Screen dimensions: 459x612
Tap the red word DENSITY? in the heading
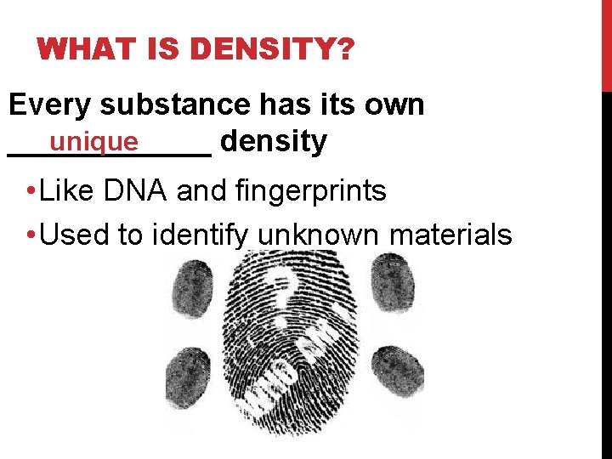[274, 50]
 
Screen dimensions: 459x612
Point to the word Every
[49, 105]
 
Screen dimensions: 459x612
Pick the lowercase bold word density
[273, 142]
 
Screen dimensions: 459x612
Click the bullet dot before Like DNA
[30, 192]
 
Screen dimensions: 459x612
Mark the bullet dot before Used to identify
[30, 235]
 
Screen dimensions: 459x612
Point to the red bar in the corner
[606, 42]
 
